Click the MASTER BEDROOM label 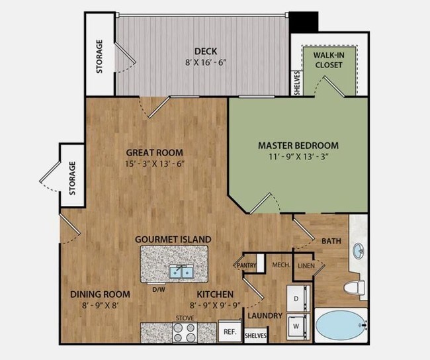click(x=289, y=146)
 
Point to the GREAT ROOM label click(x=154, y=151)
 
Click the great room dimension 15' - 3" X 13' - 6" click(x=154, y=163)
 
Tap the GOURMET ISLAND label click(x=173, y=239)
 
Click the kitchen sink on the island click(x=180, y=271)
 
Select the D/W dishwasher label click(x=159, y=289)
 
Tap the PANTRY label click(x=247, y=266)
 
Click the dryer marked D click(x=296, y=298)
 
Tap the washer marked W click(x=296, y=326)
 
